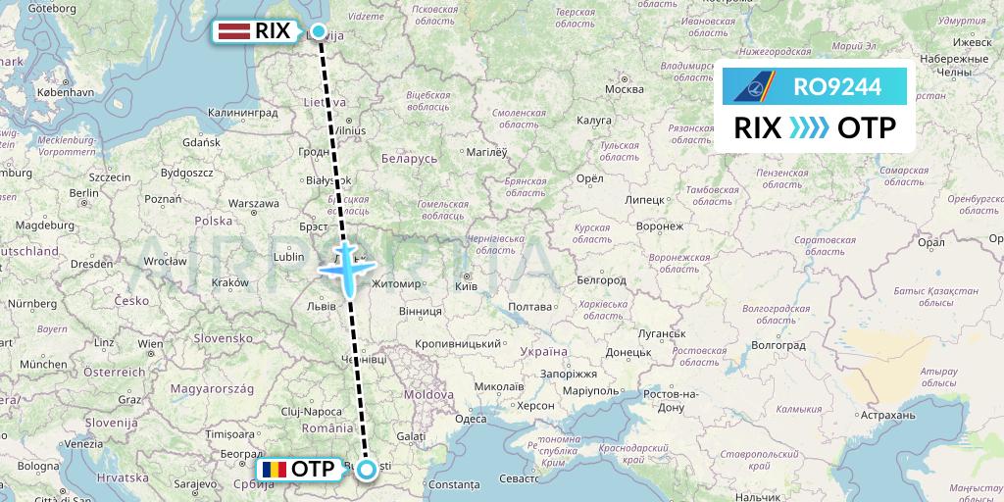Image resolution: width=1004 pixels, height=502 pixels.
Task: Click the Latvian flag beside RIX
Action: (x=233, y=31)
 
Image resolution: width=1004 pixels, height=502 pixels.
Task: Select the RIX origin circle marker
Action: (x=318, y=30)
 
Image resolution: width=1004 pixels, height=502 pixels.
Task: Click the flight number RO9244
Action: (x=836, y=87)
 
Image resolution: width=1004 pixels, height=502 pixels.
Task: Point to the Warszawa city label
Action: (x=254, y=205)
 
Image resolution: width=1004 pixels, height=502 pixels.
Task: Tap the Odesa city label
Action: (x=471, y=419)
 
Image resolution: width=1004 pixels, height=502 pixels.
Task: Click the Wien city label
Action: (x=150, y=344)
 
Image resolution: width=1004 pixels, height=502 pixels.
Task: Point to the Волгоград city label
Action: (x=778, y=345)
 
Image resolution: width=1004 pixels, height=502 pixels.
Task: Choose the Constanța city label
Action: (x=453, y=485)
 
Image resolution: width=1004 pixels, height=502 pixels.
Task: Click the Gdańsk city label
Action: (x=201, y=142)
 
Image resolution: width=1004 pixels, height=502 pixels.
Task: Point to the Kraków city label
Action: (x=229, y=282)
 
